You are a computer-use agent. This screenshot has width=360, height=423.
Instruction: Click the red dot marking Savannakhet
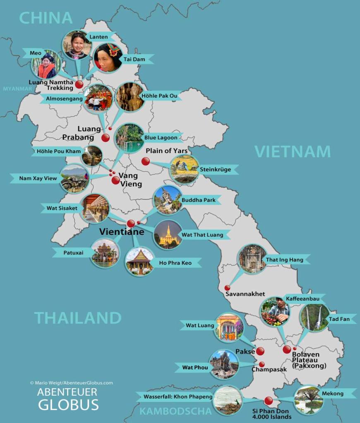tap(227, 288)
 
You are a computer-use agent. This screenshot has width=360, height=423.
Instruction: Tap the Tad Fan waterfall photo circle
tap(315, 318)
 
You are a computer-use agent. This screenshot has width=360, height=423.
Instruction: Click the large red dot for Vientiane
tap(131, 223)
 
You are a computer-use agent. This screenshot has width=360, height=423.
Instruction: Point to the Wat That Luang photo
tap(168, 234)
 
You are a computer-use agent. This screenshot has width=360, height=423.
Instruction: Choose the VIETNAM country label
tap(293, 152)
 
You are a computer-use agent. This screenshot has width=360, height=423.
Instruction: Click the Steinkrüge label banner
tap(215, 170)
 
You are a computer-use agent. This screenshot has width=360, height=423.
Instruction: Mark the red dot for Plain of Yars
tap(146, 161)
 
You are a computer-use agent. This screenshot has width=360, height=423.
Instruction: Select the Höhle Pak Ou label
tap(159, 96)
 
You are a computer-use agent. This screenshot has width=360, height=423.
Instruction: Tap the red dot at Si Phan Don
tap(269, 400)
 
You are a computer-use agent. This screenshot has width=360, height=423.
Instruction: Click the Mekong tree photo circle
tap(309, 399)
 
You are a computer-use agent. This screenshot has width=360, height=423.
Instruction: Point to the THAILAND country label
tap(78, 318)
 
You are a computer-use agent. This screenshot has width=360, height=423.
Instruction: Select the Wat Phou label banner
tap(195, 367)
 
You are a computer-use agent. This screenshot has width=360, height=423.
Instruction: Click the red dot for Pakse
tap(260, 351)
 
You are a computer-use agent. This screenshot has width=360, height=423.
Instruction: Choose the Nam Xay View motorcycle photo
tap(74, 179)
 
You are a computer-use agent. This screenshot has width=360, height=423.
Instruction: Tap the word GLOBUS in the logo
tap(68, 404)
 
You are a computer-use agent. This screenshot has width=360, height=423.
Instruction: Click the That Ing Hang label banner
tap(285, 260)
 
